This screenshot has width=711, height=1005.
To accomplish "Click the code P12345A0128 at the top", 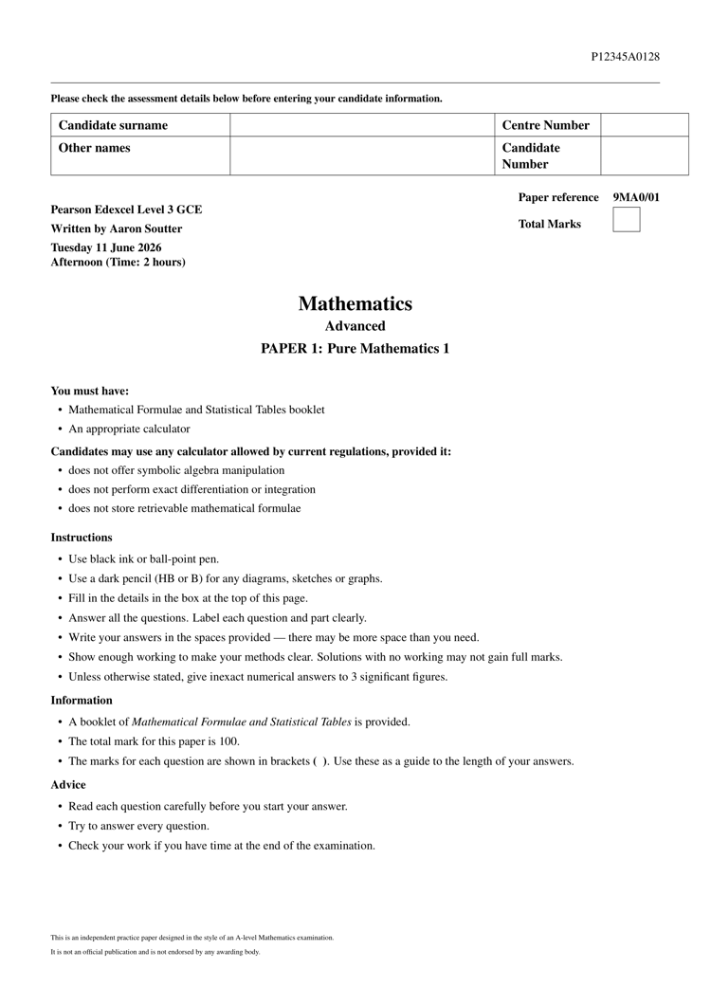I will (625, 57).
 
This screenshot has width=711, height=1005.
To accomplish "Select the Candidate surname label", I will (113, 125).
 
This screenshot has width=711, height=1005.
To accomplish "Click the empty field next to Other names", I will (361, 156).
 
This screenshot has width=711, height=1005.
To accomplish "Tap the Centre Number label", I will (545, 125).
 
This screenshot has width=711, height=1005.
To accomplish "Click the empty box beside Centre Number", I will (645, 125).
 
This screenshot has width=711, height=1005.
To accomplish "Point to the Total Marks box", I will (626, 220).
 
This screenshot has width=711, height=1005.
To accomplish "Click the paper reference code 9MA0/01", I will (636, 197).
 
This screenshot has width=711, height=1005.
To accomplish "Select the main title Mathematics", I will (355, 304).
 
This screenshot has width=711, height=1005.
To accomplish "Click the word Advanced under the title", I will (355, 326).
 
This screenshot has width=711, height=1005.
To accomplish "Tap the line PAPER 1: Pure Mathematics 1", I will (355, 349).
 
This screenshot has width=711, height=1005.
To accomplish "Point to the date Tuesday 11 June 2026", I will (106, 247).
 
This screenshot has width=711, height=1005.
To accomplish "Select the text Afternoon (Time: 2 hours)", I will (118, 262).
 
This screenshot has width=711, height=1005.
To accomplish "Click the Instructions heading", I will (82, 538).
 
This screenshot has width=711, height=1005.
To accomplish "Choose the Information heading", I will (82, 701).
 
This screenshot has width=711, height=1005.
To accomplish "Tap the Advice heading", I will (68, 785).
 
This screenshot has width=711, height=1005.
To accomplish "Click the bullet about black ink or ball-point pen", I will (143, 559).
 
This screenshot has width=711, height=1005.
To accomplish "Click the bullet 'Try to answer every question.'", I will (138, 826).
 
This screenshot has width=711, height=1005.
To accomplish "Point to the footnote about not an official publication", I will (155, 952).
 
